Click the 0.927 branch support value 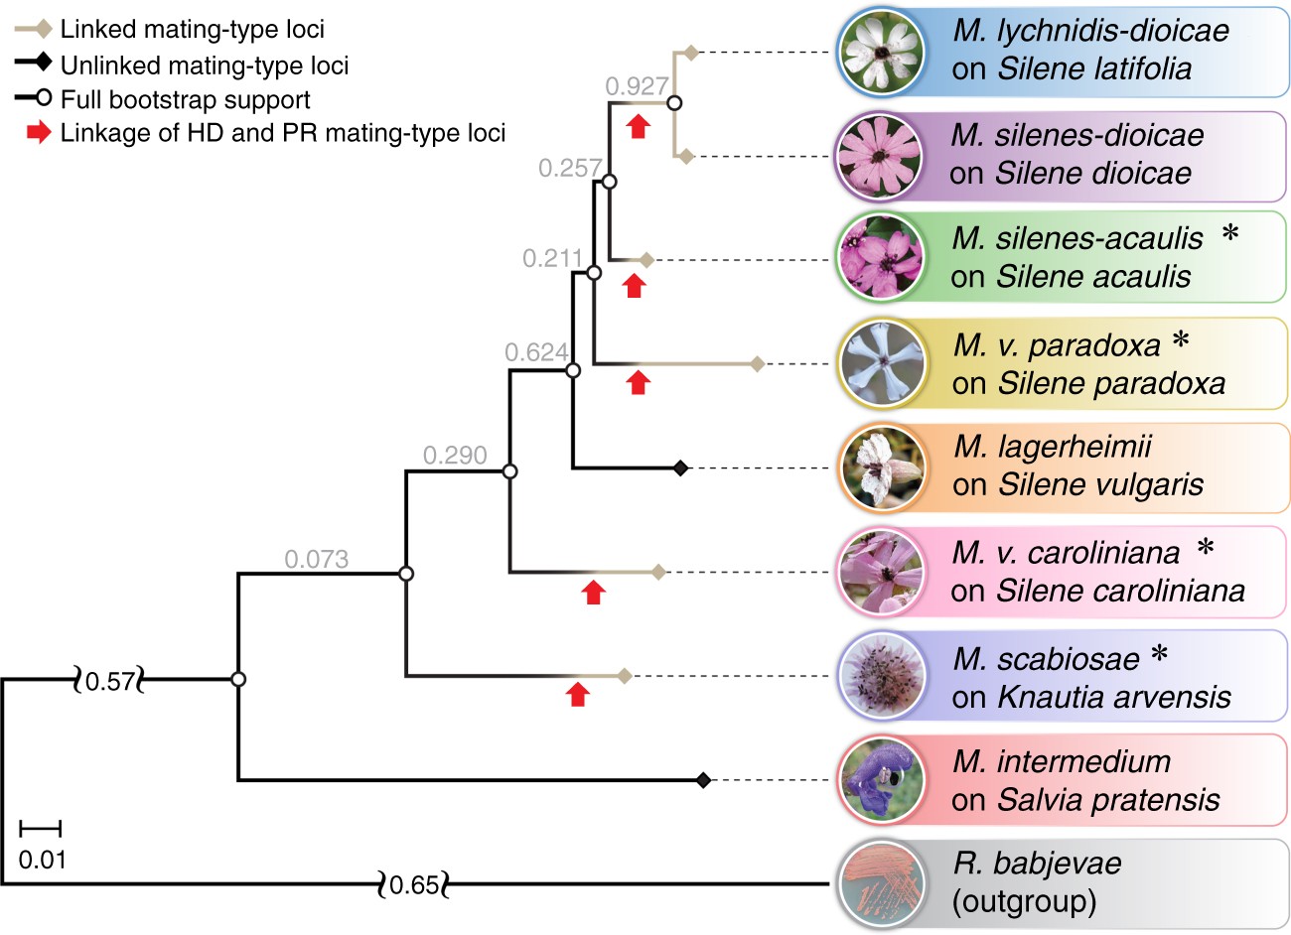coord(637,87)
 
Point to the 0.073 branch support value coord(316,560)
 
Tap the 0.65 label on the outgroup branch coord(414,883)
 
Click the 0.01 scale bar coord(41,827)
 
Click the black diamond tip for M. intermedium coord(703,780)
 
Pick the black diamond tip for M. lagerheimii coord(680,467)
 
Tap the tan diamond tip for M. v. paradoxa coord(757,364)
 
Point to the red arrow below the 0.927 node coord(638,125)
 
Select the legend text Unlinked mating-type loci coord(205,67)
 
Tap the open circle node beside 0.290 coord(509,471)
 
